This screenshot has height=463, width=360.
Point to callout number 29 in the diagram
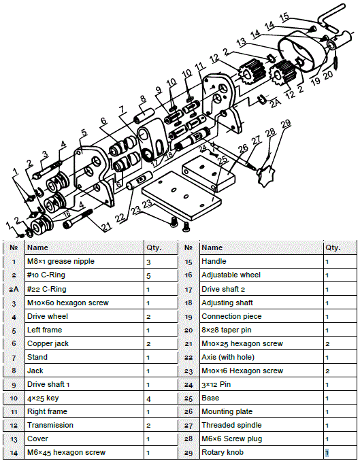click(286, 123)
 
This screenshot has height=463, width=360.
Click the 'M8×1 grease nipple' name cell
click(61, 262)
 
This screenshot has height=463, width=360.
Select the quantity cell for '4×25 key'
click(148, 398)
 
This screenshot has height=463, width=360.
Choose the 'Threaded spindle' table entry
click(228, 425)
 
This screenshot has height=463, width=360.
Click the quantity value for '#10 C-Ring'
click(148, 275)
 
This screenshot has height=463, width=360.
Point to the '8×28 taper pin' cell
click(225, 330)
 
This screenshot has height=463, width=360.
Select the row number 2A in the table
click(14, 289)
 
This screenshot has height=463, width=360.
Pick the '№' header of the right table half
click(189, 248)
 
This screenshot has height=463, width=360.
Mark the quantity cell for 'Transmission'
click(148, 425)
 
